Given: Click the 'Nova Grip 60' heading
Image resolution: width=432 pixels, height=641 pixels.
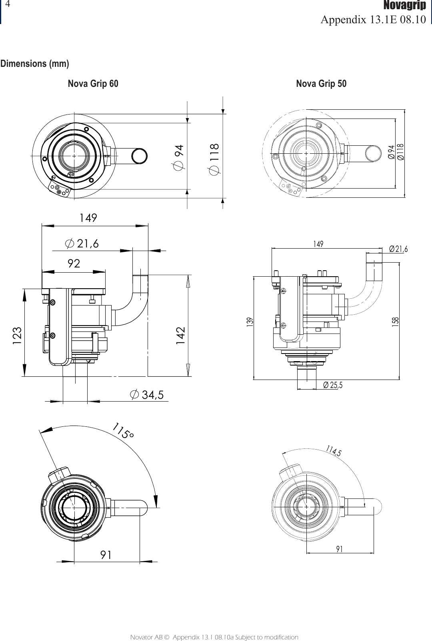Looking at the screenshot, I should [x=93, y=84].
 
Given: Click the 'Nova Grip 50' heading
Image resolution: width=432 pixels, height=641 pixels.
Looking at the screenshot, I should [x=321, y=84].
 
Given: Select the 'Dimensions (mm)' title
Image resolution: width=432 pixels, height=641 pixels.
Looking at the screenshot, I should [x=35, y=64].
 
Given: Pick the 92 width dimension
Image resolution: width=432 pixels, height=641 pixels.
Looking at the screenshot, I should [x=74, y=263].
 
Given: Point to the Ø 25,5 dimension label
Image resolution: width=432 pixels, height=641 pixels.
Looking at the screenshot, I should [x=332, y=385].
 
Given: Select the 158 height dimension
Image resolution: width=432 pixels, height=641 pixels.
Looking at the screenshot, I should [x=396, y=321].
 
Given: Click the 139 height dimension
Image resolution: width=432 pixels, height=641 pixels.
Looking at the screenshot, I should [x=250, y=321].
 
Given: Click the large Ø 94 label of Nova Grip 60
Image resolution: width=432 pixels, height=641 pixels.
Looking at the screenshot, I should [x=180, y=157].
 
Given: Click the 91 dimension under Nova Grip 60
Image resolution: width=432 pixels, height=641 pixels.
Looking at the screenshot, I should [x=106, y=555].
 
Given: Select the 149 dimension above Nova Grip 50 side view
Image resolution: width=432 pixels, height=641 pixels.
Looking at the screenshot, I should [x=318, y=244].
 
